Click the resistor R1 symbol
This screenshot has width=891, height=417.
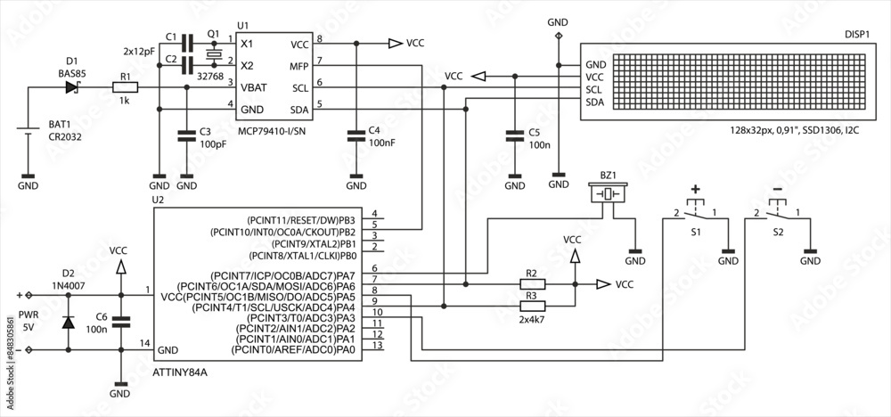(126, 87)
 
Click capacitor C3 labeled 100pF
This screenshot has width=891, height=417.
(186, 136)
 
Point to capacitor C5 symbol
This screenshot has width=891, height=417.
(515, 136)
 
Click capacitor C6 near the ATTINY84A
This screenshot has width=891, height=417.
(120, 322)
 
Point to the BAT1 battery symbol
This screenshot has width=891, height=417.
(29, 134)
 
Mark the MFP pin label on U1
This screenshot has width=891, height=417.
(298, 66)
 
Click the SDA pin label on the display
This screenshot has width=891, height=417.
(595, 102)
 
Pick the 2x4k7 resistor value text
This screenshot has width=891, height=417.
(532, 318)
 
